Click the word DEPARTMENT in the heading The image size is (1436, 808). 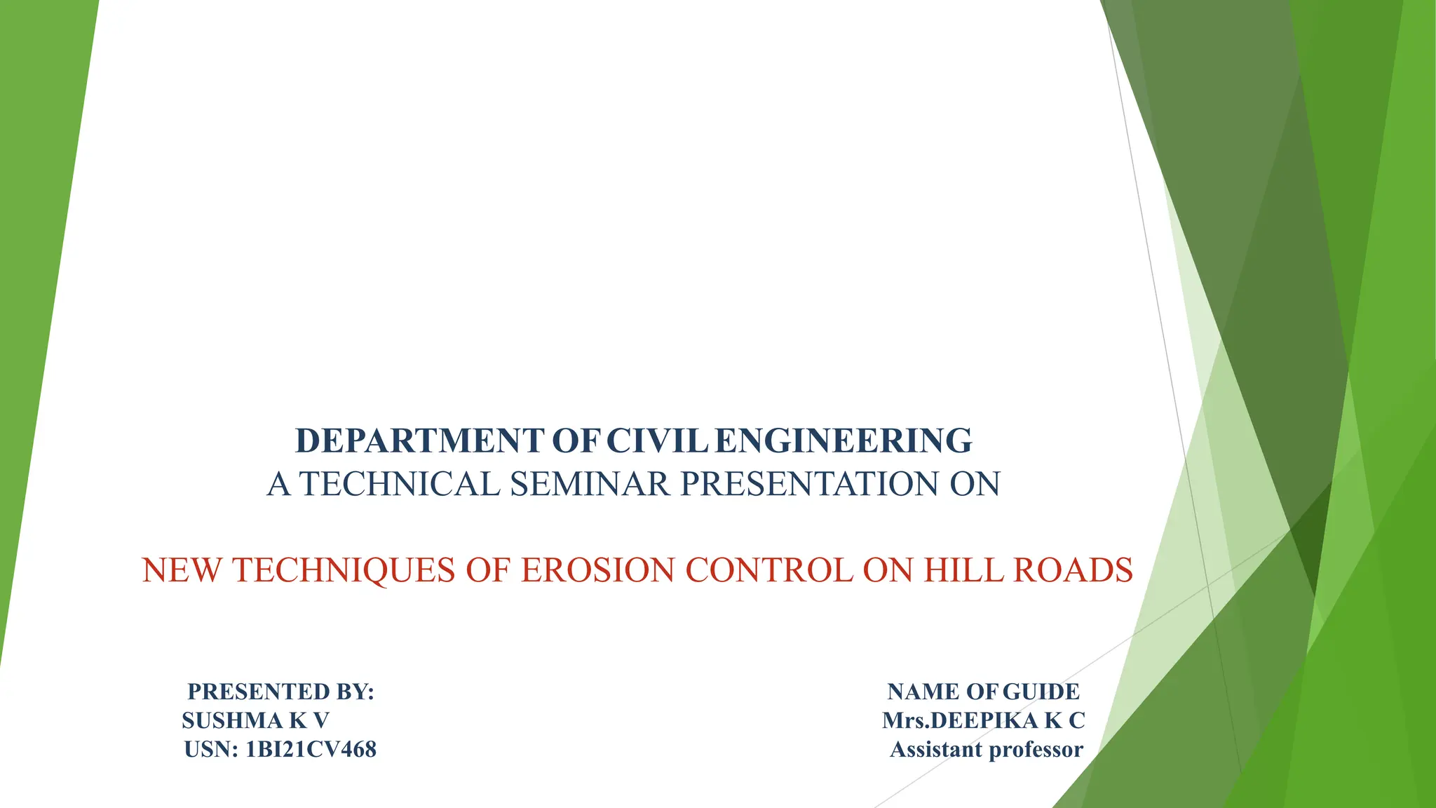pyautogui.click(x=419, y=441)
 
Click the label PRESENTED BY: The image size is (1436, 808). pyautogui.click(x=280, y=692)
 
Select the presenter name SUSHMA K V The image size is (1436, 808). pyautogui.click(x=255, y=721)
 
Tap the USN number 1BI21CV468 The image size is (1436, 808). pyautogui.click(x=311, y=750)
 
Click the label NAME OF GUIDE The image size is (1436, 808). pyautogui.click(x=983, y=692)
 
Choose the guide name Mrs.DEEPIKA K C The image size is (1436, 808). pyautogui.click(x=983, y=721)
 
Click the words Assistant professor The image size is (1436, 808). pyautogui.click(x=986, y=750)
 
